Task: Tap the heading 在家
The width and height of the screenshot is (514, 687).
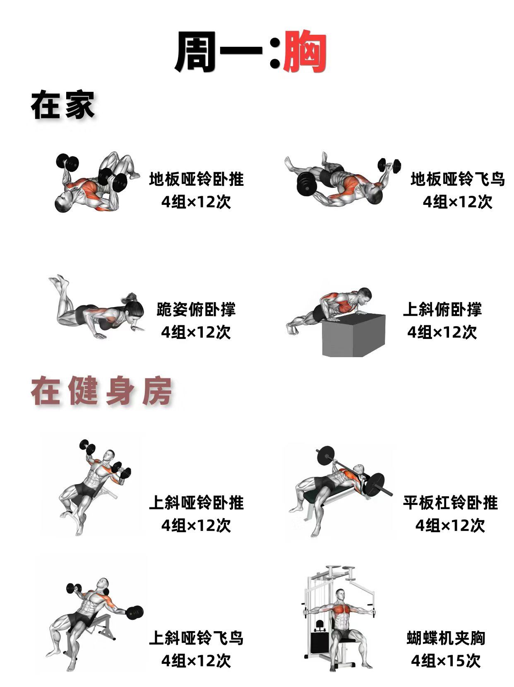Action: point(62,105)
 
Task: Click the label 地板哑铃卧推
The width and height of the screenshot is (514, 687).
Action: point(196,180)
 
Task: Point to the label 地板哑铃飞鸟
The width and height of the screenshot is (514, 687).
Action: point(457,180)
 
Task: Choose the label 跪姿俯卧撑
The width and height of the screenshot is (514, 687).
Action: point(196,310)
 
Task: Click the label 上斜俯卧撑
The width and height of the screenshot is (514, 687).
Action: point(442,310)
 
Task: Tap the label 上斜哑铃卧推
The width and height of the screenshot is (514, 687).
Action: point(196,503)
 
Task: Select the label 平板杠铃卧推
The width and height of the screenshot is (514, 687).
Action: point(450,503)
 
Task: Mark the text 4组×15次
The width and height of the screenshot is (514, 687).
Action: point(446,661)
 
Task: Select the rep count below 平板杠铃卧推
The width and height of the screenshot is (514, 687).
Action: point(450,526)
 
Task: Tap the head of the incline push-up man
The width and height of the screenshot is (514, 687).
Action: point(364,295)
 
